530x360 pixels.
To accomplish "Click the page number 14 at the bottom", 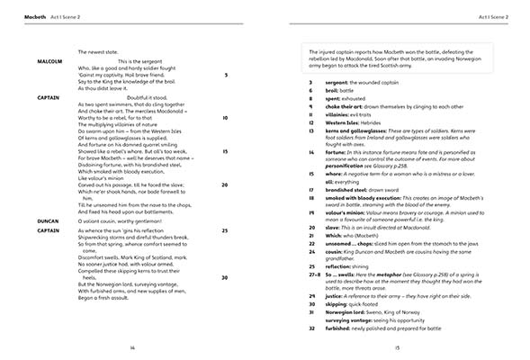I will click(131, 346).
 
